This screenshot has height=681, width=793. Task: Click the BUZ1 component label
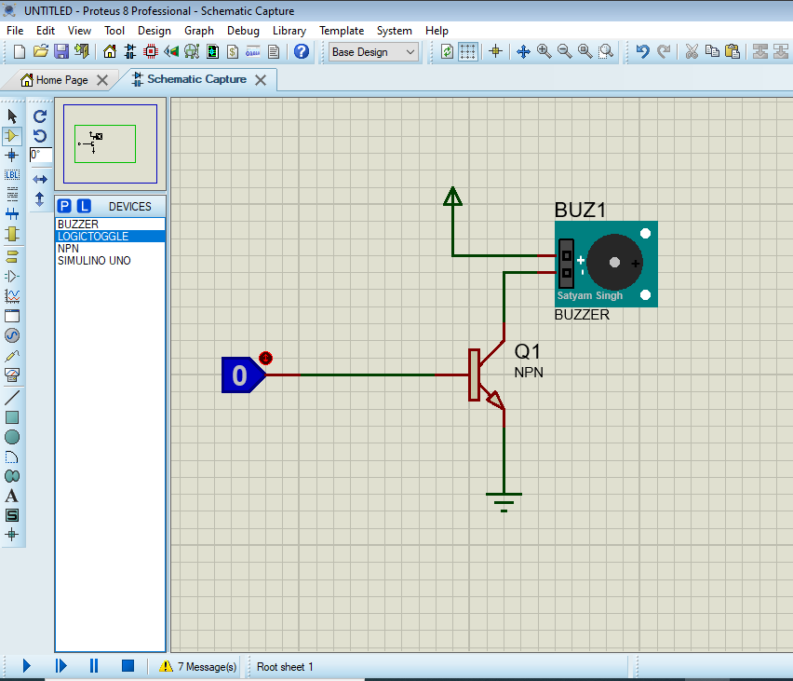580,210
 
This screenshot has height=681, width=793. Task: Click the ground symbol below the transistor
504,500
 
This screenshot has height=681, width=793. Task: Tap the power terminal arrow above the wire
452,197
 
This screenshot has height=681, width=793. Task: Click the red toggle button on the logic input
265,358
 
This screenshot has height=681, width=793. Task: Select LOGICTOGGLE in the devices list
93,237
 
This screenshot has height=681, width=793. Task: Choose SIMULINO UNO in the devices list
94,261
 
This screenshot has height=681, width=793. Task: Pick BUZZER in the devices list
78,225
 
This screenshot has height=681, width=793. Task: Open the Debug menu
243,31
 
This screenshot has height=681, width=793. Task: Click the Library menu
289,31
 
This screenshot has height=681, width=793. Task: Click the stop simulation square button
128,666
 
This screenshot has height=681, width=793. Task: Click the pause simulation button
94,666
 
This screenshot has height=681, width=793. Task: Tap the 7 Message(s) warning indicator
198,666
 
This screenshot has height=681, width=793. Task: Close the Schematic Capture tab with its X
261,80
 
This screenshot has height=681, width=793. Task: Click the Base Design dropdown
374,52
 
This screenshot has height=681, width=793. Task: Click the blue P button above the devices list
64,206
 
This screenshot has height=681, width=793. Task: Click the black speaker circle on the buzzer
614,263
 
